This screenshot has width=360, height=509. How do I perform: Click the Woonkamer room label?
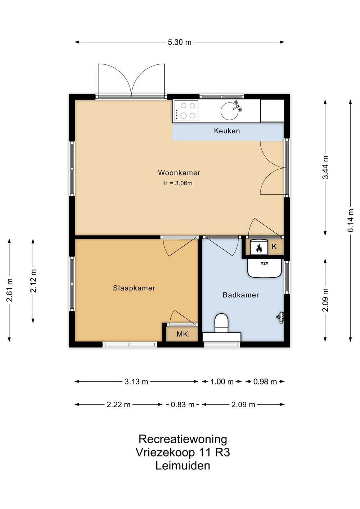click(x=179, y=173)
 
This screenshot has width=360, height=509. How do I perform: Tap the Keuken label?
click(x=227, y=131)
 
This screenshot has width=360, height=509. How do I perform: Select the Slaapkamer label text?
click(x=134, y=288)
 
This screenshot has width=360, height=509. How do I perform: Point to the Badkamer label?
click(x=240, y=295)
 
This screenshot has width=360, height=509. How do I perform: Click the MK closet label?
click(x=182, y=334)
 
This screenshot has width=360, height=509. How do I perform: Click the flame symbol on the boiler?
click(x=259, y=248)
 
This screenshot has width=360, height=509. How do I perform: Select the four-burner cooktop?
click(x=185, y=111)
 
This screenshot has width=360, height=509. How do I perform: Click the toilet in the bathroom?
click(x=221, y=323)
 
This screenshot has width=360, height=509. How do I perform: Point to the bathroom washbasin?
click(x=264, y=268)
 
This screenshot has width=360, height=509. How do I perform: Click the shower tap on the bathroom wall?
click(x=281, y=317)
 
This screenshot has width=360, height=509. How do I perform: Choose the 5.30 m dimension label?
click(x=180, y=42)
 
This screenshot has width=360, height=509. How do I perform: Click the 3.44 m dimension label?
click(x=325, y=168)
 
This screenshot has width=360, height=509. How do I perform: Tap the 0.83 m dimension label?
click(x=183, y=405)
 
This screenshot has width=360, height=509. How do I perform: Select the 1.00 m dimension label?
click(x=222, y=382)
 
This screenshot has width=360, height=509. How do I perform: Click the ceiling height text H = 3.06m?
click(x=178, y=183)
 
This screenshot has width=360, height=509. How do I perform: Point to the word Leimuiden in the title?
click(x=183, y=466)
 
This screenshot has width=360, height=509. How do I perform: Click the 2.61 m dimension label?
click(x=9, y=290)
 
